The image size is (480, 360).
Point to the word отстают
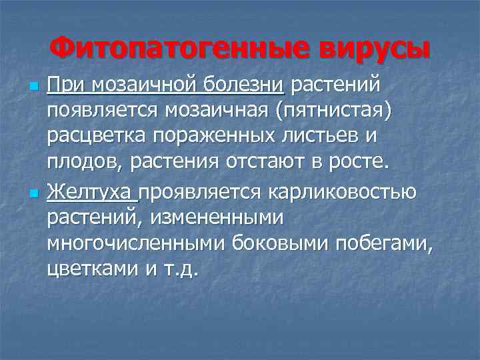coord(273,163)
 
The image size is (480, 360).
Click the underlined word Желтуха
coord(91,193)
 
